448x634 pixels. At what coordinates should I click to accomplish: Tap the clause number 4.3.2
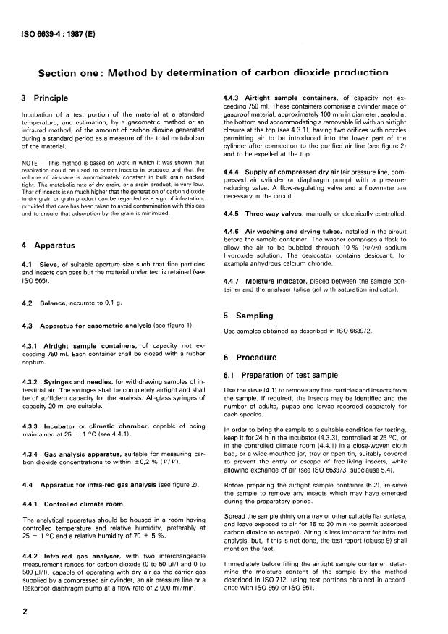tap(32, 381)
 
